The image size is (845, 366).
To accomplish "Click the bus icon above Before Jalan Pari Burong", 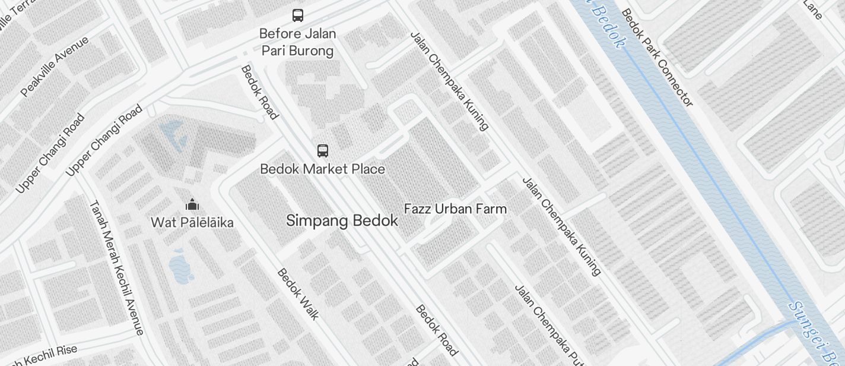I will (298, 15).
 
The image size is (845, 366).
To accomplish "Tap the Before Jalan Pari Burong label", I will (298, 42).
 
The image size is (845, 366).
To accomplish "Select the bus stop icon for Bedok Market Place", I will (323, 151).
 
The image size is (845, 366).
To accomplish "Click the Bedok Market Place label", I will (323, 169).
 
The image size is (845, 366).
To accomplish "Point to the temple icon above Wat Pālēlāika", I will (192, 205).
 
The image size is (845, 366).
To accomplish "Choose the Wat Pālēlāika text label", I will (192, 223).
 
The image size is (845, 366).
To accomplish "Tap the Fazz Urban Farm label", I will (455, 209).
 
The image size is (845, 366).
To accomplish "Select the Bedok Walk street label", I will (298, 294).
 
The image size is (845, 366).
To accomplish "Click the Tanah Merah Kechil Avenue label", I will (116, 267).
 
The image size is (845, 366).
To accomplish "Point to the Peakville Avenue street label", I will (55, 66).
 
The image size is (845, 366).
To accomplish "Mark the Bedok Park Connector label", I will (656, 58).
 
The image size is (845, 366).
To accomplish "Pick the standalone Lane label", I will (812, 9).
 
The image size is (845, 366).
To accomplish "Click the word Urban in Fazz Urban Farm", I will (454, 209).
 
